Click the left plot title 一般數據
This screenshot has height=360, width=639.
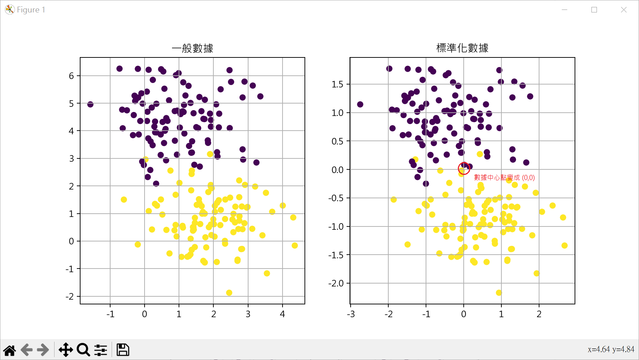193,48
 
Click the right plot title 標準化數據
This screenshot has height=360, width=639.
462,48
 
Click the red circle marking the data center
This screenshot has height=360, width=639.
464,168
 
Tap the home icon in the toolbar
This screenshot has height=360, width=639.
10,350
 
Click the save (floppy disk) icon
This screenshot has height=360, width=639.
123,350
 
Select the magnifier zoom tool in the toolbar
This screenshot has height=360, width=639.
83,350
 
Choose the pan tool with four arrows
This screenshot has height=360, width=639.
66,350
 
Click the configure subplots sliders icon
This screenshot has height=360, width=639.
101,350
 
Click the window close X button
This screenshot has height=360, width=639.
624,10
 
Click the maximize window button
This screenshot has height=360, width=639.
594,10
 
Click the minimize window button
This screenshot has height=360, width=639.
564,10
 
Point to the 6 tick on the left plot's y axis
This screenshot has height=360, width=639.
71,76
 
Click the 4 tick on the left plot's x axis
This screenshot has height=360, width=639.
282,314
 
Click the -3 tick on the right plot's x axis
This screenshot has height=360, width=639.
351,314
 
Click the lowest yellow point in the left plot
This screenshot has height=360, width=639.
229,293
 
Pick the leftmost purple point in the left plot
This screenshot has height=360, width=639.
90,104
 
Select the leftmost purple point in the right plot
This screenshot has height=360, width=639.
360,105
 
